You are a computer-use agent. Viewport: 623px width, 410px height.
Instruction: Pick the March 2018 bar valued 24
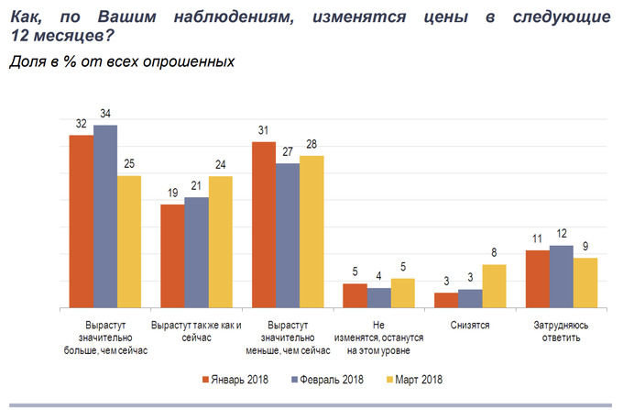pos(221,242)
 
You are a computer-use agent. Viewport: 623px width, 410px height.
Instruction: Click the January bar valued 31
pos(264,225)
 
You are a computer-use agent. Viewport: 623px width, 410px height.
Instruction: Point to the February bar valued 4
pos(378,298)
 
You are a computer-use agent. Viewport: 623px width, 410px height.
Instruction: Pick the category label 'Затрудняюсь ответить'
pos(561,331)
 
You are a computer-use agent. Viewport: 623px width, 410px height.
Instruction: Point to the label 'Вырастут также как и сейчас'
pos(196,331)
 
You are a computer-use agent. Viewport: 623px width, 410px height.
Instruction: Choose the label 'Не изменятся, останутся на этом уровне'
pos(378,338)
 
